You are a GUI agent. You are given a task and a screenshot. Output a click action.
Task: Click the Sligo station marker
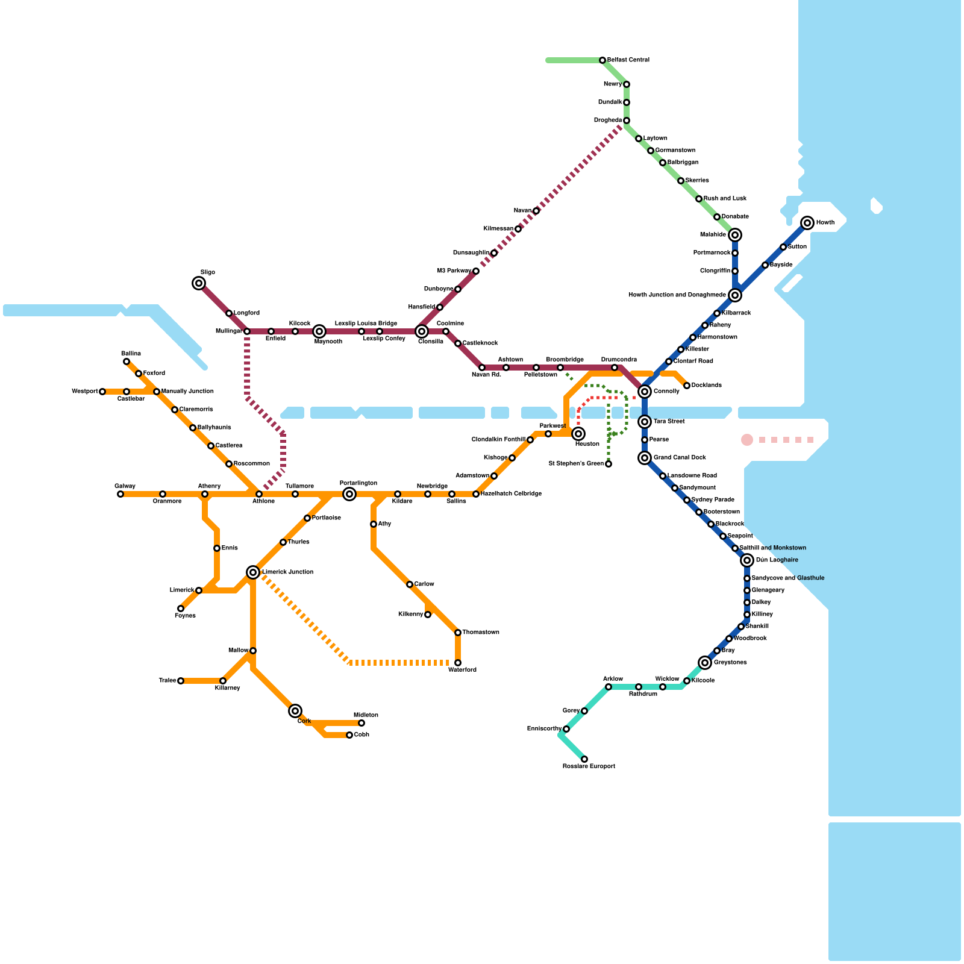pyautogui.click(x=199, y=283)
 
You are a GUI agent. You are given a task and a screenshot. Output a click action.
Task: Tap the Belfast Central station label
pyautogui.click(x=628, y=60)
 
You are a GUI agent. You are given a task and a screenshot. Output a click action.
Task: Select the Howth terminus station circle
pyautogui.click(x=807, y=223)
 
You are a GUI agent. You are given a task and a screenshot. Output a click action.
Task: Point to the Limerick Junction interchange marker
pyautogui.click(x=253, y=572)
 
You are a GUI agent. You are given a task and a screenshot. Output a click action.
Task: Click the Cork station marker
pyautogui.click(x=295, y=711)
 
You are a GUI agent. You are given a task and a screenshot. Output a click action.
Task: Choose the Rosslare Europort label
pyautogui.click(x=589, y=766)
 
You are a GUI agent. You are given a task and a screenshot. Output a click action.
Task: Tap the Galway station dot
pyautogui.click(x=120, y=494)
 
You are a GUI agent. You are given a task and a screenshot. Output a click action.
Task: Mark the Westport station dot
pyautogui.click(x=102, y=392)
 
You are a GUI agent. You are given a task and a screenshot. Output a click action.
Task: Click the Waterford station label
pyautogui.click(x=462, y=670)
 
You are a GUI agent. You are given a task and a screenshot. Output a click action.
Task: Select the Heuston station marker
pyautogui.click(x=578, y=434)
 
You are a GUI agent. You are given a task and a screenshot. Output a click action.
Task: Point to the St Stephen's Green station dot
pyautogui.click(x=609, y=464)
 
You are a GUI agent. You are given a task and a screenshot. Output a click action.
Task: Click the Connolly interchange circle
pyautogui.click(x=645, y=392)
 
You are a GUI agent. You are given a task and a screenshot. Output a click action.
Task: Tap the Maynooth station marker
pyautogui.click(x=319, y=331)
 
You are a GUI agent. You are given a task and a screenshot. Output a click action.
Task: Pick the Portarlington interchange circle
pyautogui.click(x=349, y=494)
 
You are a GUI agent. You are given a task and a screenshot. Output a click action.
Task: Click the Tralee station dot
pyautogui.click(x=181, y=681)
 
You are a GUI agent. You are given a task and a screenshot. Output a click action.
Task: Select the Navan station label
pyautogui.click(x=522, y=211)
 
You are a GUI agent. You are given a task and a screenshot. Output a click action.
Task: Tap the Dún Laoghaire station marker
pyautogui.click(x=747, y=560)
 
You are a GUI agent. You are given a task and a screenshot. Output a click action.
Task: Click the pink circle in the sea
pyautogui.click(x=747, y=440)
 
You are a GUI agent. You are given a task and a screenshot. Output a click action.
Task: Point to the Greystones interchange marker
pyautogui.click(x=705, y=663)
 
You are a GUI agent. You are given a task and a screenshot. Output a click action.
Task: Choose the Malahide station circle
pyautogui.click(x=735, y=235)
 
